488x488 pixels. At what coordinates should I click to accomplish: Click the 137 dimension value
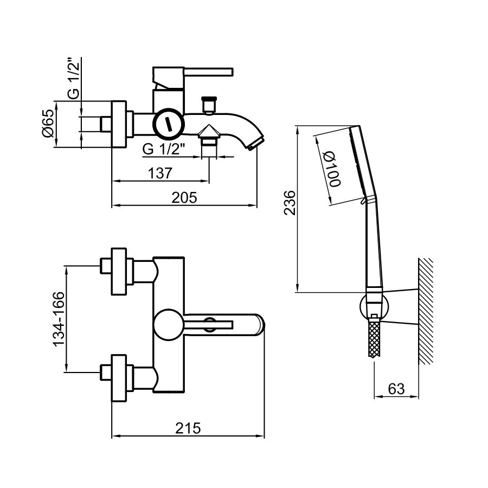click(x=160, y=174)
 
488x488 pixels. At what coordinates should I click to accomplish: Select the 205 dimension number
click(x=184, y=198)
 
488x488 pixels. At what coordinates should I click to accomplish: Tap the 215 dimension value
click(x=189, y=428)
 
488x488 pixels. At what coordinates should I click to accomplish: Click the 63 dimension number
click(x=396, y=388)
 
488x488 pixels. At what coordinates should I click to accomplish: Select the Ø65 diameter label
click(x=48, y=124)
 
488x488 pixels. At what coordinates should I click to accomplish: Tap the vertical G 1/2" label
click(x=74, y=79)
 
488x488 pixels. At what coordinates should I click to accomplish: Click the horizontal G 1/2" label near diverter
click(x=164, y=149)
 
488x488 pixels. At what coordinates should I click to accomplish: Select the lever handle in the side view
click(x=209, y=72)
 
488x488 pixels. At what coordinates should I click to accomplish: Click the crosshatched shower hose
click(x=374, y=339)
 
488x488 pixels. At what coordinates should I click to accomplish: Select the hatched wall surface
click(x=425, y=312)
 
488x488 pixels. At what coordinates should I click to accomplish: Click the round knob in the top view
click(x=169, y=325)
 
